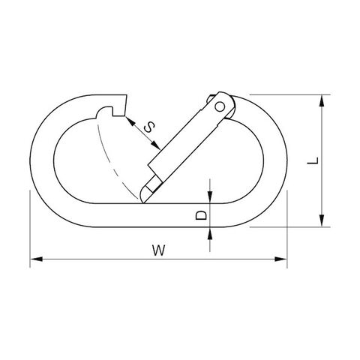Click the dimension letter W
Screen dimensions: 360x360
(159, 250)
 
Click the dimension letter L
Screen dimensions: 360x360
(313, 160)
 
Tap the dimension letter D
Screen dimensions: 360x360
(202, 215)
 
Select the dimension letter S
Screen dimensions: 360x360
(149, 127)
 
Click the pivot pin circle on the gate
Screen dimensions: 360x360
(220, 107)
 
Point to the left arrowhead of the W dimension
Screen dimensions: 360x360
(36, 259)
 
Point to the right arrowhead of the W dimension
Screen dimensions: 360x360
(281, 259)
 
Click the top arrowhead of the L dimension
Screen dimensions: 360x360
(322, 100)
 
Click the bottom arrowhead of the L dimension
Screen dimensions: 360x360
(322, 220)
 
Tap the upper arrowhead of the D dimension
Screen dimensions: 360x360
(210, 197)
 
